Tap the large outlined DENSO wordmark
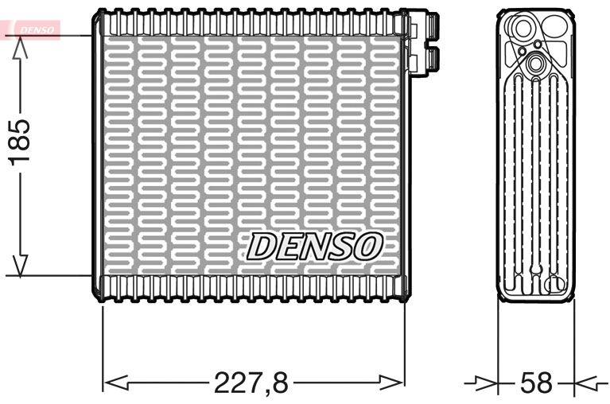tap(315, 247)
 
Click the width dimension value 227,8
tap(251, 383)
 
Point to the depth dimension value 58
tap(535, 383)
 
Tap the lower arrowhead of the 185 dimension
tap(21, 265)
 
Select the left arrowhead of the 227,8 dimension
tap(116, 383)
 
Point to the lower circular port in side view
tap(534, 64)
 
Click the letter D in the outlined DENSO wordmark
tap(262, 247)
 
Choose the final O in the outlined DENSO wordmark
tap(368, 247)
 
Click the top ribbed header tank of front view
tap(251, 25)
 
